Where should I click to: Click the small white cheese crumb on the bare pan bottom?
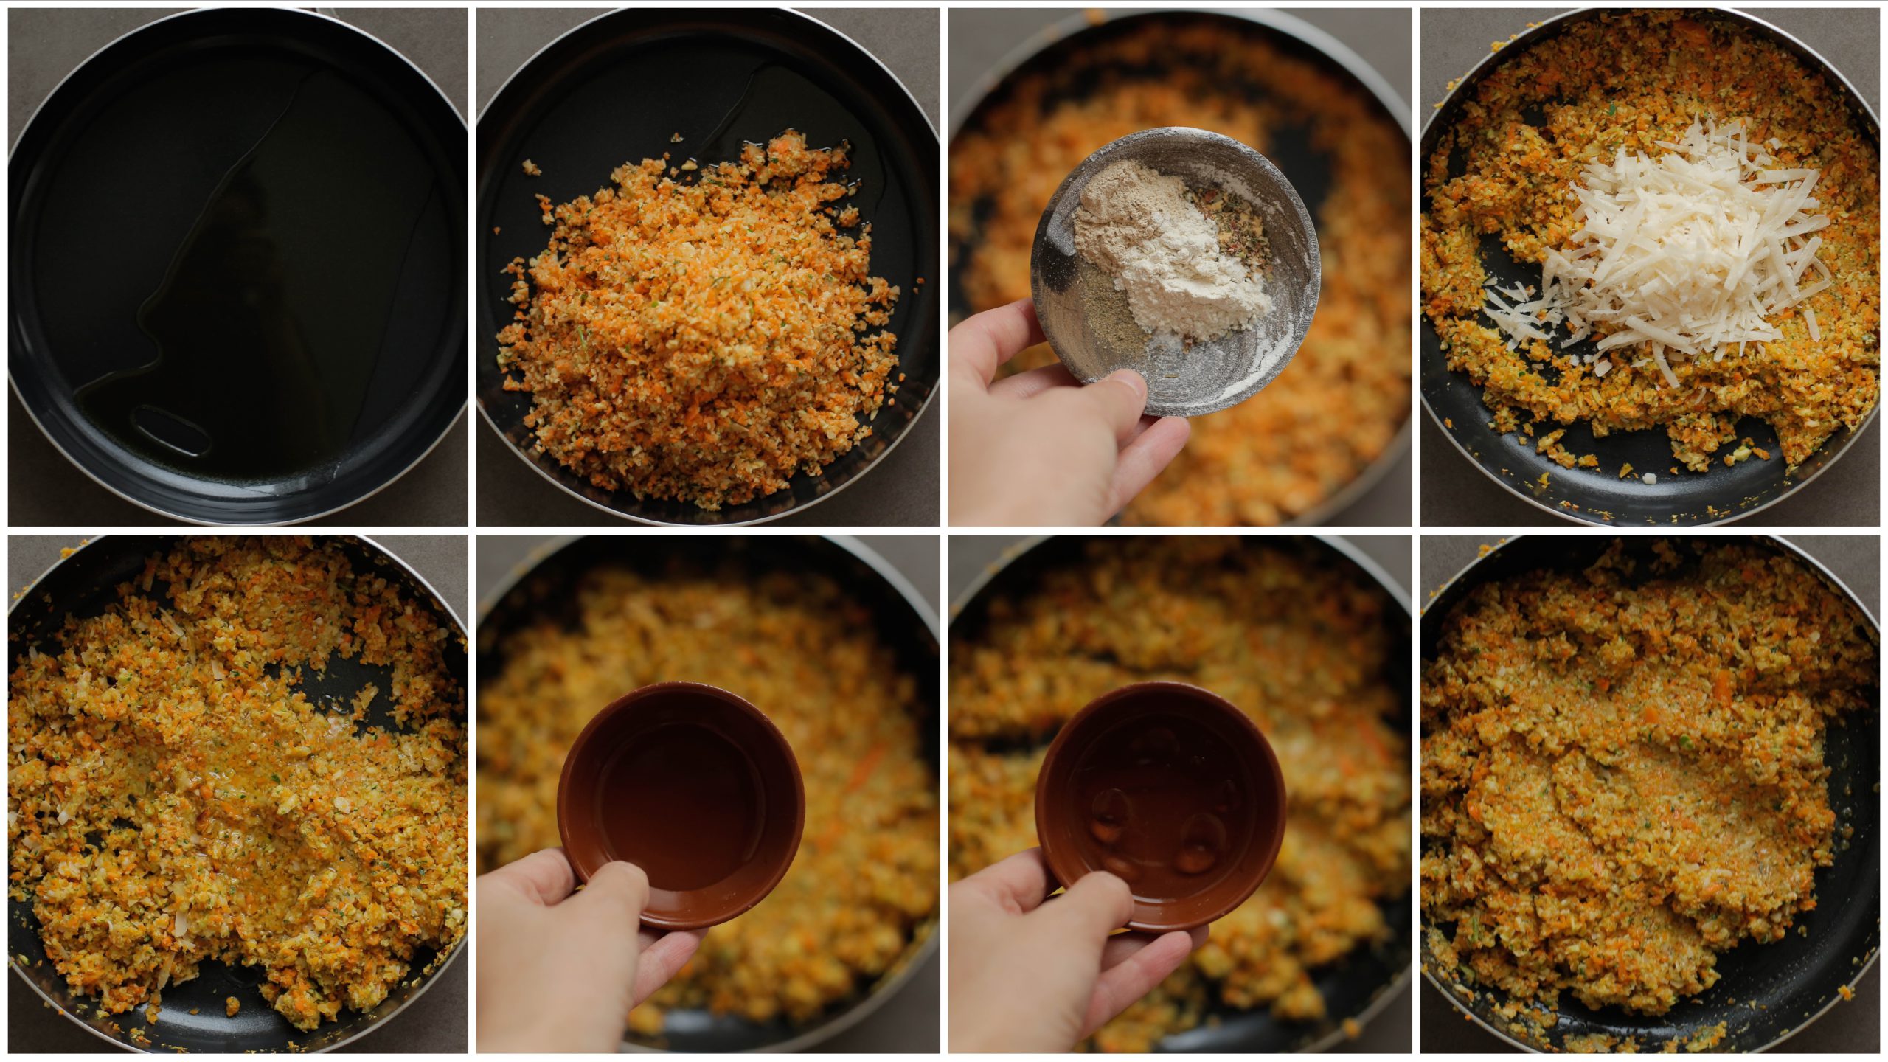tap(1650, 479)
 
